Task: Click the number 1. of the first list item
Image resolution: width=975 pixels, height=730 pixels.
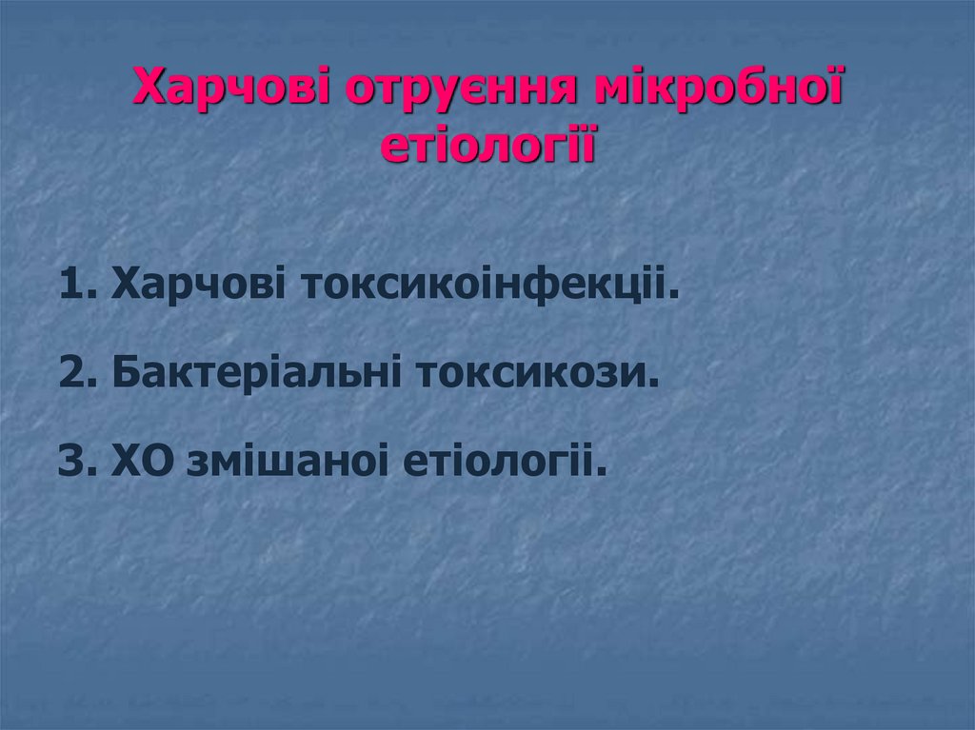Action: pos(78,285)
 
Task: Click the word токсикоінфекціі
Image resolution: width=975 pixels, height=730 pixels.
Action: pos(489,285)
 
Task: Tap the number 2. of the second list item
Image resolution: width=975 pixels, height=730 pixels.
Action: pos(78,373)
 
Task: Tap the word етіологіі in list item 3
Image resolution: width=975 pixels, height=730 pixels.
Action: pos(505,464)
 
